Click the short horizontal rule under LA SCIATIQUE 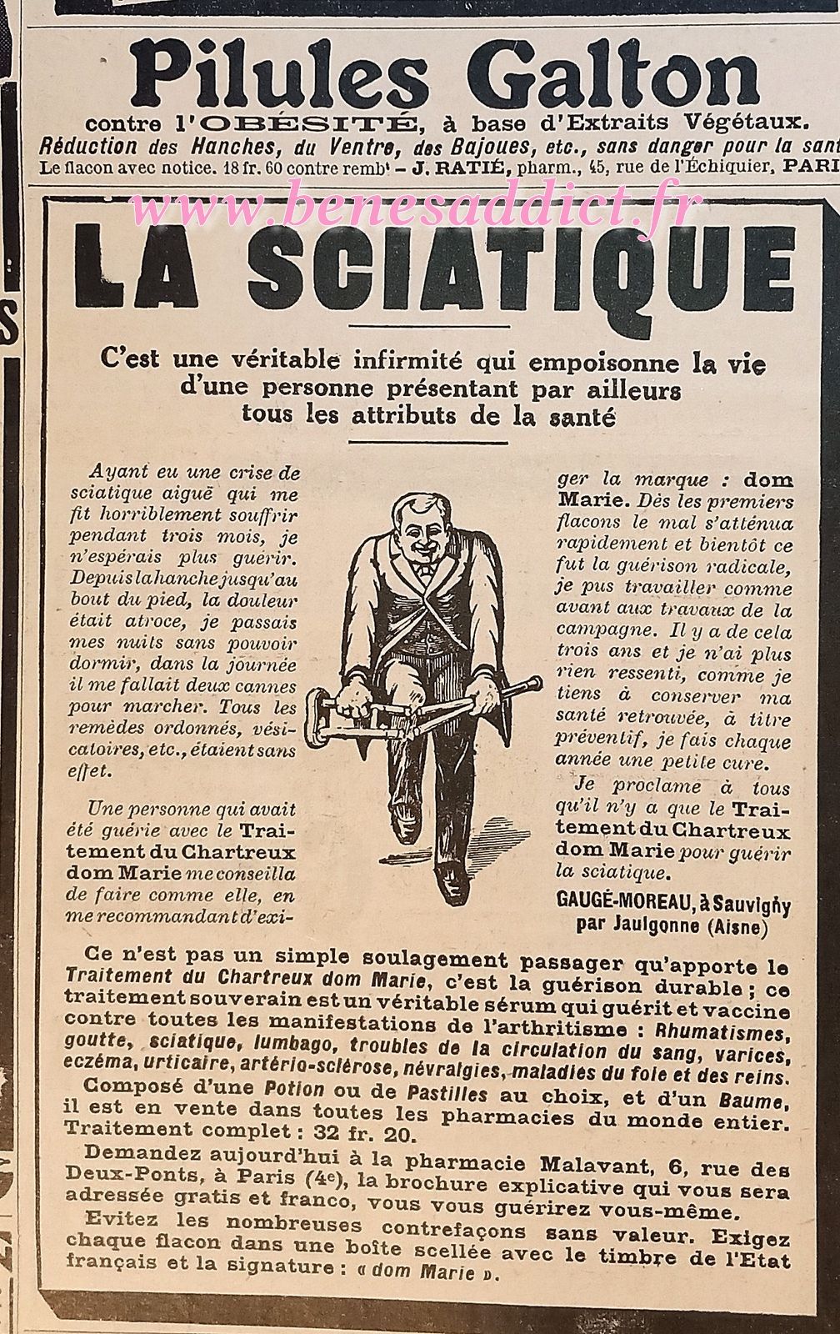coord(427,326)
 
